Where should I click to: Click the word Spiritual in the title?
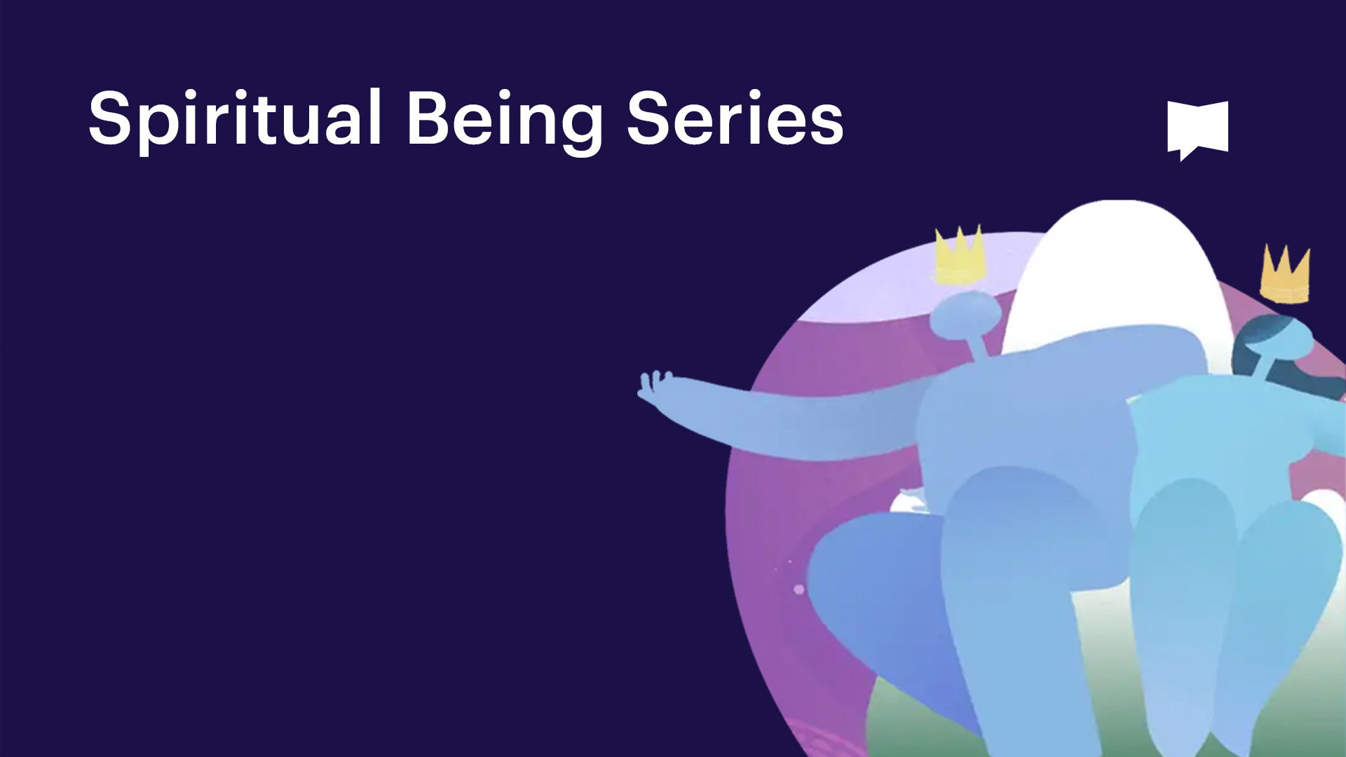[235, 119]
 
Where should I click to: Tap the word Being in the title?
[504, 119]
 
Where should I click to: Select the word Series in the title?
[735, 119]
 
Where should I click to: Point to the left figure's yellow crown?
[960, 256]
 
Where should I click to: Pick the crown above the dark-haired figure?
[1285, 275]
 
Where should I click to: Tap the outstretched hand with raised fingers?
[655, 385]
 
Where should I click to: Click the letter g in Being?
[581, 126]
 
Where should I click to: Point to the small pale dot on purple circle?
[798, 589]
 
